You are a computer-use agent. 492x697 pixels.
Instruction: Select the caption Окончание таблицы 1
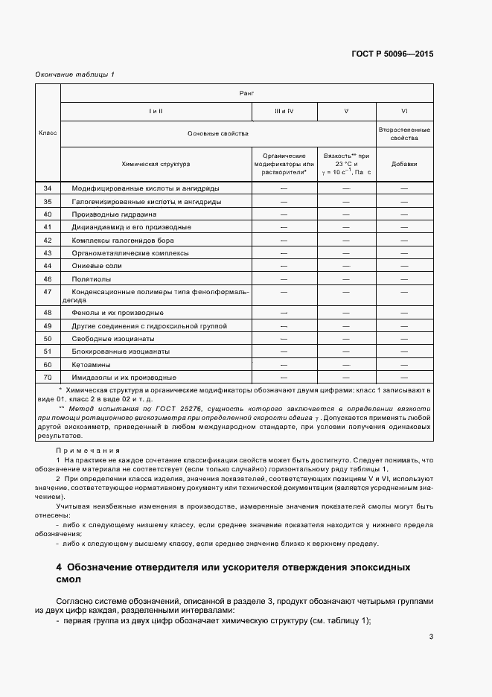75,74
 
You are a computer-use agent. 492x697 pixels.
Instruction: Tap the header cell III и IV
284,111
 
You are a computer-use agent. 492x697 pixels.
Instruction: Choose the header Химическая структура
156,163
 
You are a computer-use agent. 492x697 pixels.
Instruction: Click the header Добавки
404,163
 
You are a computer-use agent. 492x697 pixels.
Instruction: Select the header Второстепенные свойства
404,133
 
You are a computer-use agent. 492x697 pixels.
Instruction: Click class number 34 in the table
48,189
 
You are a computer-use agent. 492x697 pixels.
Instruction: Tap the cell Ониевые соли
96,265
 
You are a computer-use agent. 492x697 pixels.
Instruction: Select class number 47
48,291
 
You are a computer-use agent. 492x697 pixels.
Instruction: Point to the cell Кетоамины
92,364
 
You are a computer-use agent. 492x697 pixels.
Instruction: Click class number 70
48,377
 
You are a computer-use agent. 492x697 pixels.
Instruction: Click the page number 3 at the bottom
432,636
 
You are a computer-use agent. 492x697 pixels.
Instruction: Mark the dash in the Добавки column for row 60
404,364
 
